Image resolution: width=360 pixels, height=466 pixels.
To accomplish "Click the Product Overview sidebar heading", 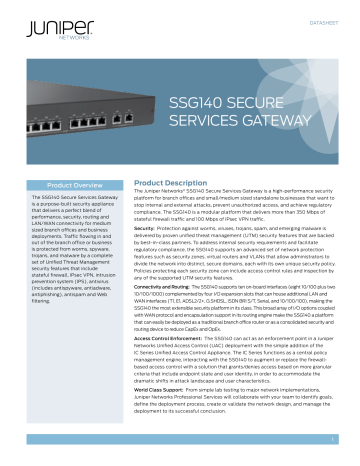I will point(73,186).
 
